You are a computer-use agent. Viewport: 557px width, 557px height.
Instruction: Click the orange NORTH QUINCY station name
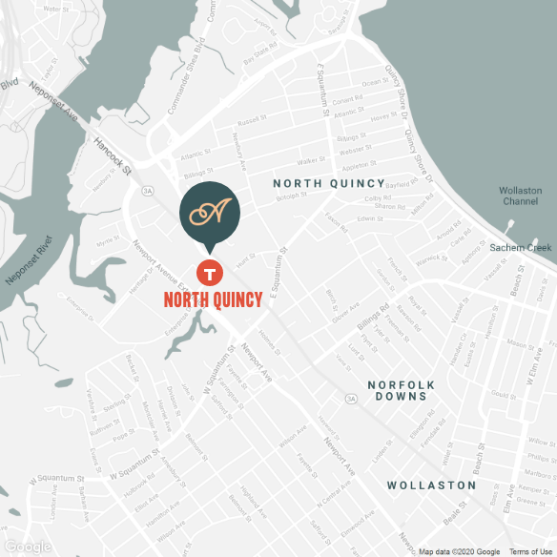coord(213,300)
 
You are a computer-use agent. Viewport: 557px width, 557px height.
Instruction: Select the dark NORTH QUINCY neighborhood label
coord(329,183)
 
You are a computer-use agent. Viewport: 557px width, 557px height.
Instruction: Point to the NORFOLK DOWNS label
coord(401,392)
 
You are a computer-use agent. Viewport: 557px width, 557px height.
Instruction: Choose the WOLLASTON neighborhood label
coord(431,485)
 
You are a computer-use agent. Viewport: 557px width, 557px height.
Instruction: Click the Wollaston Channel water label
coord(520,196)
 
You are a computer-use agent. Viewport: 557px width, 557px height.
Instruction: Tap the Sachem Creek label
coord(521,248)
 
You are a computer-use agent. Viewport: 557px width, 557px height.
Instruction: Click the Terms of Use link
coord(530,551)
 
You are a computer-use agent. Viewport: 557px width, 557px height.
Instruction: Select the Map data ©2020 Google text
coord(459,551)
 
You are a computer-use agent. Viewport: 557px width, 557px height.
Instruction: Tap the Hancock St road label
coord(113,155)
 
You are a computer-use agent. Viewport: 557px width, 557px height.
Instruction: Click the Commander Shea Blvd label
coord(187,77)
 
